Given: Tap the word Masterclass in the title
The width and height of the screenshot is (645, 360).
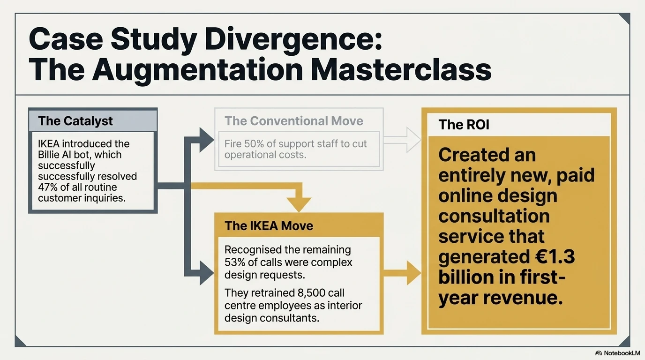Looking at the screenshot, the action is click(x=401, y=69).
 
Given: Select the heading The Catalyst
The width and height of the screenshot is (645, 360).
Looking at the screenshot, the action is click(x=75, y=121).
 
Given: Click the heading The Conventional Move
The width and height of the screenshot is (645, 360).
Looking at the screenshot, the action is click(x=294, y=121).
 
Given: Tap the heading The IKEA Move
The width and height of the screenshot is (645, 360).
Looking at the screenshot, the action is click(x=269, y=226).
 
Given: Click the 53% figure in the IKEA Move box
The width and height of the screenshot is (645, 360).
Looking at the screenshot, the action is click(x=235, y=262).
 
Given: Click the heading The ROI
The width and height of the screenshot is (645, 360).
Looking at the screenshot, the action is click(x=464, y=125).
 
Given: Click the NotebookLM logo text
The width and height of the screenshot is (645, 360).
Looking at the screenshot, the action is click(x=622, y=353).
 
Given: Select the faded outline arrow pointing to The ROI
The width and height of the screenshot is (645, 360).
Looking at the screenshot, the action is click(x=402, y=140).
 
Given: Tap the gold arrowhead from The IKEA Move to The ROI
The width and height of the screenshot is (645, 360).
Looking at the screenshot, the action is click(x=414, y=273).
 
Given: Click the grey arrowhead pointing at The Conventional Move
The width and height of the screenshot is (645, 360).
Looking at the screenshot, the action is click(x=207, y=140).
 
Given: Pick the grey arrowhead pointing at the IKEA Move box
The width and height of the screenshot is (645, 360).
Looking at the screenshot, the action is click(x=207, y=273).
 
